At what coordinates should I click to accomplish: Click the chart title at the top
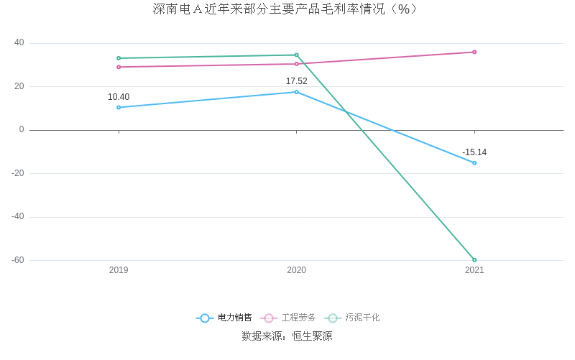pos(285,9)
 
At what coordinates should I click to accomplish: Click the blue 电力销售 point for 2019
pos(119,108)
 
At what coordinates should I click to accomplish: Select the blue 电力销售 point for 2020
pos(296,92)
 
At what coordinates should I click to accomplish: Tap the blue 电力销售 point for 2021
pos(474,163)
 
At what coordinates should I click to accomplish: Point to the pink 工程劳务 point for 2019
pos(119,67)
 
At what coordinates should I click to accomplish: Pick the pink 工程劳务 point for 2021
pos(474,52)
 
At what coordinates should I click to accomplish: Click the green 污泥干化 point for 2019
pos(119,58)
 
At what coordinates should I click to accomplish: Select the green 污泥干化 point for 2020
pos(296,55)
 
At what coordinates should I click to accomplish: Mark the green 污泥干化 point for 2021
pos(474,260)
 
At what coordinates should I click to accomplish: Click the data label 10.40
pos(119,97)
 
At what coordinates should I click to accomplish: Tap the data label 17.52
pos(296,81)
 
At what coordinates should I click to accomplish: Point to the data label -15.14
pos(474,152)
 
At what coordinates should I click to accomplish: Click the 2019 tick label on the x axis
pos(119,270)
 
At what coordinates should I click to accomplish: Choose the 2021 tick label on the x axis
pos(474,270)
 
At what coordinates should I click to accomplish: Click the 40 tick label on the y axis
pos(19,42)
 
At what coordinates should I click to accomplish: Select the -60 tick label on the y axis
pos(17,260)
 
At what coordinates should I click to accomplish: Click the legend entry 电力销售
pos(224,318)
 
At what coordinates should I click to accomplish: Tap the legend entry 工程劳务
pos(288,318)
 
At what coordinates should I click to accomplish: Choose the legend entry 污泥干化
pos(352,318)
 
